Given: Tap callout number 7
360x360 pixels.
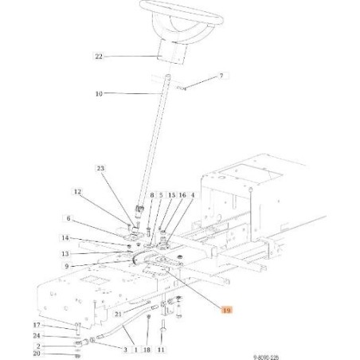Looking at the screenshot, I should tap(200, 76).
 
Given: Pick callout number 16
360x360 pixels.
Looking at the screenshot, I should tap(182, 195).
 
